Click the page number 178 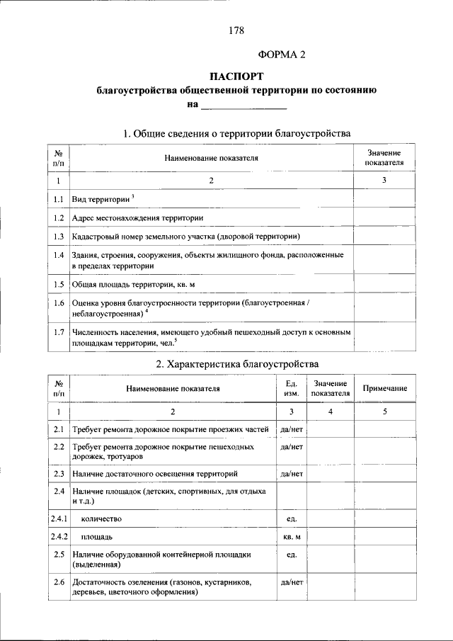237,30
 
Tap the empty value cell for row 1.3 384,235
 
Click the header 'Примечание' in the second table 384,388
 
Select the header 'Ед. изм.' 291,388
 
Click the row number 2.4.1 59,518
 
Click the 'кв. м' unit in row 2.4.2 291,536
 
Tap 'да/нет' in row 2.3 291,472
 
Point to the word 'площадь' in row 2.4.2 96,536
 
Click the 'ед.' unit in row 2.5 291,555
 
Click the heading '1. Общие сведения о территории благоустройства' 236,133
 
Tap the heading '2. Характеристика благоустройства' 236,364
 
